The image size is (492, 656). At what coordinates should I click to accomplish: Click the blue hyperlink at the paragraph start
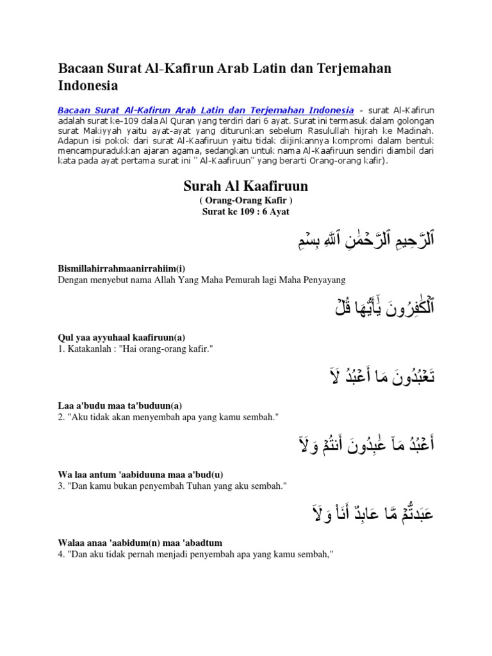coord(206,110)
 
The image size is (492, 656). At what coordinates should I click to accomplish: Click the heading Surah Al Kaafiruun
coord(246,186)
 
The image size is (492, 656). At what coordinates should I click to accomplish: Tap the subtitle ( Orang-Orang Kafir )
coord(246,201)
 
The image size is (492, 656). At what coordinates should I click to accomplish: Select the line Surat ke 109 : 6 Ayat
coord(246,211)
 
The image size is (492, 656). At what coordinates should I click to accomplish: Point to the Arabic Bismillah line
coord(358,240)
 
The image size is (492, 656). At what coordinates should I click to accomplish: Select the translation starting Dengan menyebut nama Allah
coord(201,279)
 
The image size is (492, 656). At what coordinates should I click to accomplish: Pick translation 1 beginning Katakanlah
coord(135,348)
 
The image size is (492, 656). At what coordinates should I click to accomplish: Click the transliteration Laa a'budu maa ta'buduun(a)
coord(120,406)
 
